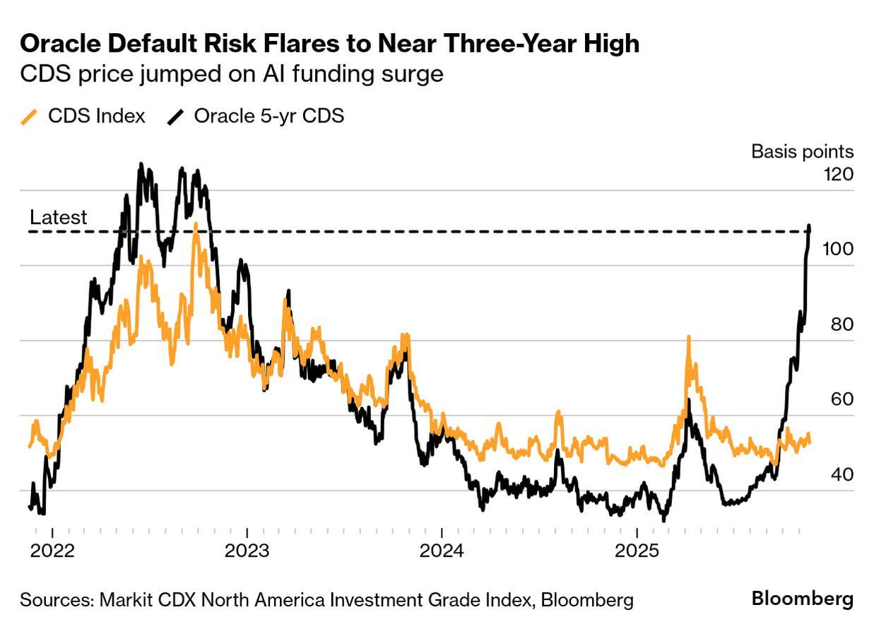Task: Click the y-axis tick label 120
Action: (839, 174)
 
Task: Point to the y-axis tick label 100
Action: (839, 249)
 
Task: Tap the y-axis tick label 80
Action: (841, 324)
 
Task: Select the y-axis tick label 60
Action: (841, 400)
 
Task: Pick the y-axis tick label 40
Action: (841, 475)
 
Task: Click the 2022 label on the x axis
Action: (53, 550)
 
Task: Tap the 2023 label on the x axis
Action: (247, 550)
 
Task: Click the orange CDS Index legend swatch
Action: (29, 117)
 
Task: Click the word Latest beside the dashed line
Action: (58, 217)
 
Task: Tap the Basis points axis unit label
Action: (802, 151)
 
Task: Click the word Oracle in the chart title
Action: (59, 44)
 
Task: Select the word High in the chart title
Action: (612, 44)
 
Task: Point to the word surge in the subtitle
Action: (414, 74)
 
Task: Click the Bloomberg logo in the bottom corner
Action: (802, 599)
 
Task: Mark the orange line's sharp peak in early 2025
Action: (687, 338)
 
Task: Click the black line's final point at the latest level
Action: (809, 228)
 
